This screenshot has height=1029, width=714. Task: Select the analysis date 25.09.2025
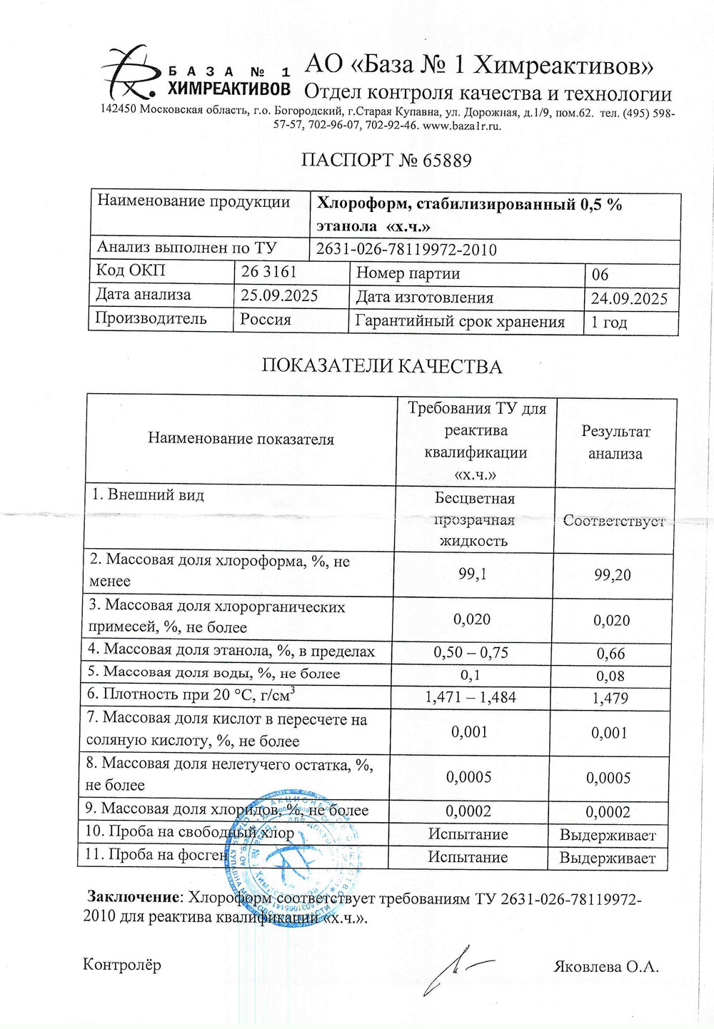click(x=279, y=296)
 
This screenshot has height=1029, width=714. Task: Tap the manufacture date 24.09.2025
click(x=629, y=298)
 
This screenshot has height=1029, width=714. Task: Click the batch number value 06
click(x=600, y=275)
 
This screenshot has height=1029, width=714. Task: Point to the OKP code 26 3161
click(x=268, y=272)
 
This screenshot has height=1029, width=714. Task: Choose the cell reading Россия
click(x=266, y=320)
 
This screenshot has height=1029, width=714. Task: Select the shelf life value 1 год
click(x=609, y=322)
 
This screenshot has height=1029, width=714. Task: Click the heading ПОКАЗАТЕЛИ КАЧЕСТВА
click(x=381, y=367)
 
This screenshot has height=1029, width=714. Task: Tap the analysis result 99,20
click(x=612, y=575)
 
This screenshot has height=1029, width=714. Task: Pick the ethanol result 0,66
click(x=611, y=654)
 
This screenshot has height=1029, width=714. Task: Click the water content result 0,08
click(x=611, y=676)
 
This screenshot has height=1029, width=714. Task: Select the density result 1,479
click(x=610, y=698)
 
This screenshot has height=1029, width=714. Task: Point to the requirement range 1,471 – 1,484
click(x=471, y=697)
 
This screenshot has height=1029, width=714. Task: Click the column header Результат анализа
click(x=615, y=442)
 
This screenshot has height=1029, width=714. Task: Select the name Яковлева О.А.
click(x=605, y=968)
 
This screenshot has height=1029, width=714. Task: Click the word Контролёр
click(x=122, y=965)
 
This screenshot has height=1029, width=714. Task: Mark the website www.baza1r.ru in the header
click(x=462, y=126)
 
